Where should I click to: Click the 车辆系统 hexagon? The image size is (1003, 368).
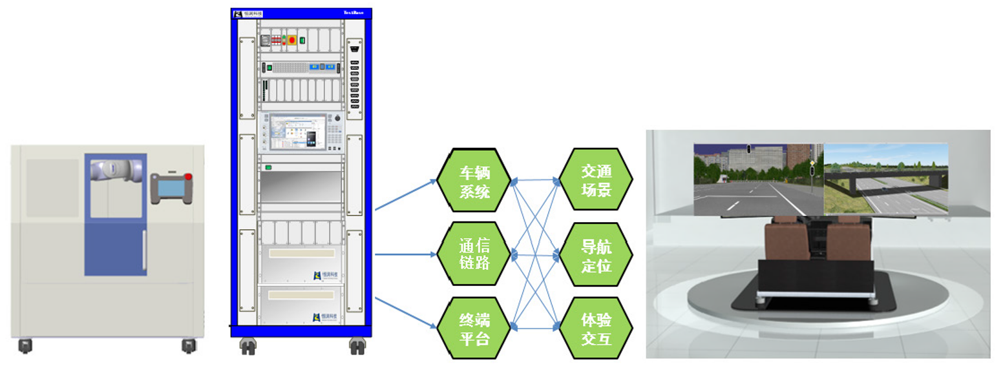coord(474,182)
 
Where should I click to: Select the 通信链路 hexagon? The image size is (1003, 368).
coord(474,254)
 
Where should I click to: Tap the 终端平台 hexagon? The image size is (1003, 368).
coord(474,329)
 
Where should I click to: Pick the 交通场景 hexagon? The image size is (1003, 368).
coord(596,182)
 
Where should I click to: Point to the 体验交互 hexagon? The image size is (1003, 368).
coord(596,329)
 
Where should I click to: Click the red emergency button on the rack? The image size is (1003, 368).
coord(292,41)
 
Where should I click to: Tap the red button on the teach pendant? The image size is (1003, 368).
coord(188,177)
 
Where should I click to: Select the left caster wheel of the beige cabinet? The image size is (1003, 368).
coord(25,346)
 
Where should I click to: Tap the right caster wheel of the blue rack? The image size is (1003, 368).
coord(355,346)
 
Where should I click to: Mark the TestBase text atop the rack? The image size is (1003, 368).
coord(354,12)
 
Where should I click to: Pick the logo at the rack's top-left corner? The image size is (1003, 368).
coord(238,13)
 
